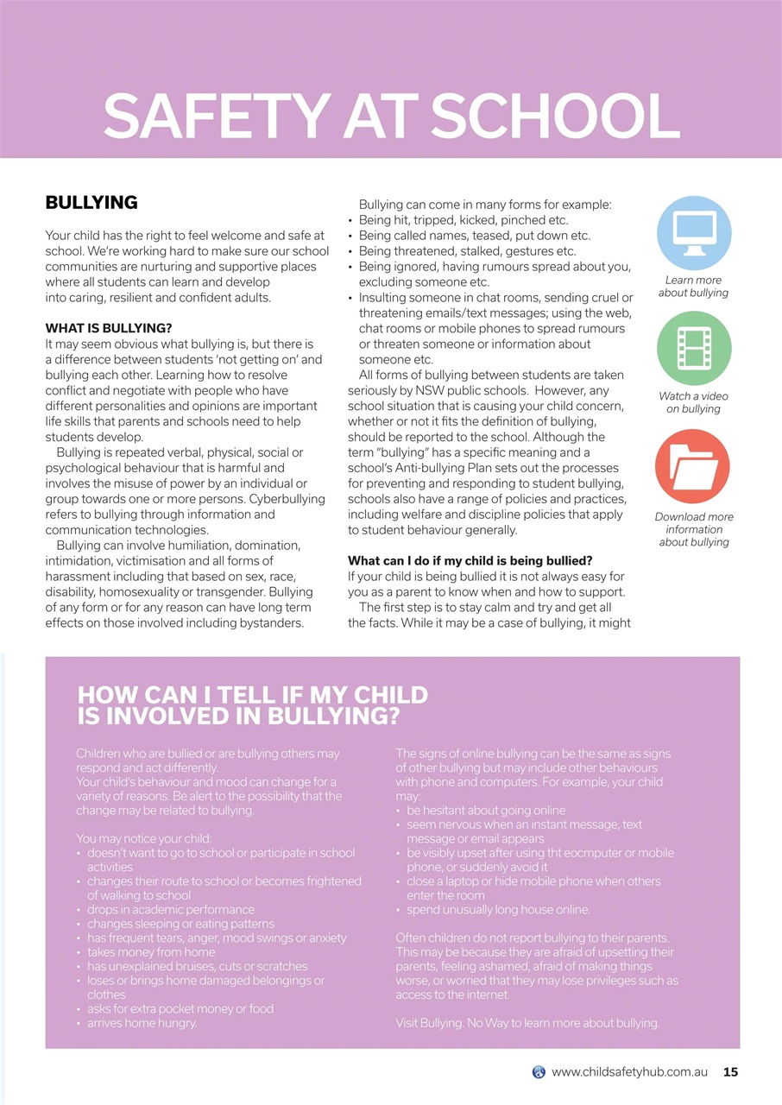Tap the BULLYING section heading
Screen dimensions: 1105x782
click(91, 203)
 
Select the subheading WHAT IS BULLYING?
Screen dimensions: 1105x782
click(109, 328)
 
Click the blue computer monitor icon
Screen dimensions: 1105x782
click(693, 233)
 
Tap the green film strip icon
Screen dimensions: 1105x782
click(693, 348)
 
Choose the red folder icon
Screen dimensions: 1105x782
click(692, 467)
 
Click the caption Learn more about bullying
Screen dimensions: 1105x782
click(693, 287)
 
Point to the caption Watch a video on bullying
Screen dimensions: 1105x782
click(693, 402)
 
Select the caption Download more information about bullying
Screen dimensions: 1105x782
click(693, 529)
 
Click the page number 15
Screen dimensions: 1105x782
click(730, 1072)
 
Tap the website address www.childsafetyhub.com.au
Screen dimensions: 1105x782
click(629, 1072)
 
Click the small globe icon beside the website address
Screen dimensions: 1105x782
click(539, 1072)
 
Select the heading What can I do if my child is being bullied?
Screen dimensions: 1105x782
click(470, 561)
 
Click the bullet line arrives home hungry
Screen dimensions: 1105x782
click(142, 1023)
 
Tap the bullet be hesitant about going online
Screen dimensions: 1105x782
click(486, 811)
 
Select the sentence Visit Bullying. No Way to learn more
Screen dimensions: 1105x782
click(527, 1023)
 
